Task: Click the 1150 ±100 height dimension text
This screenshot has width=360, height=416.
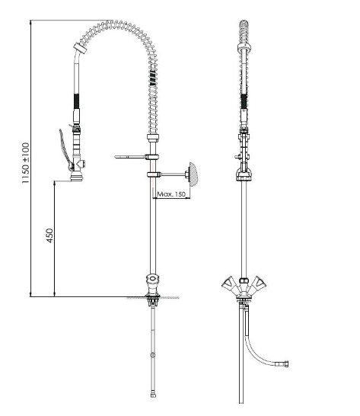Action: point(26,163)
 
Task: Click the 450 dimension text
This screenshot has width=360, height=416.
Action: point(49,235)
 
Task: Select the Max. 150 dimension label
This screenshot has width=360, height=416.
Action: point(171,194)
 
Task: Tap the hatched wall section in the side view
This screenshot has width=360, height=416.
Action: point(193,172)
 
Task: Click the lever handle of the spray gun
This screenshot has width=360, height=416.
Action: point(65,149)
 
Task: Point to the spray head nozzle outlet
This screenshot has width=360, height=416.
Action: point(77,178)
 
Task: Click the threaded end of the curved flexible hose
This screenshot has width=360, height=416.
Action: point(285,363)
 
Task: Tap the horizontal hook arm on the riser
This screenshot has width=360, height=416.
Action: point(130,157)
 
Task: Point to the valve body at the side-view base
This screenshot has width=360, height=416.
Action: point(153,283)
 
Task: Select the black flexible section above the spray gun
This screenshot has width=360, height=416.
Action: point(76,101)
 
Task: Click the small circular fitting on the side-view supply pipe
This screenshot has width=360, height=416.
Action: point(152,355)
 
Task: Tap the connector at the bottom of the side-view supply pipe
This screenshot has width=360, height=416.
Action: point(153,395)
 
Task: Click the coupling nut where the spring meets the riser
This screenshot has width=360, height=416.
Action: point(153,138)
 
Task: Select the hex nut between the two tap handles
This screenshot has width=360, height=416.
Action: point(244,280)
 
